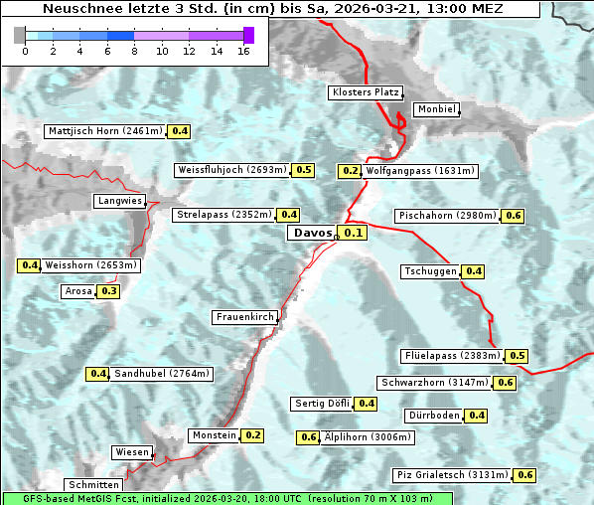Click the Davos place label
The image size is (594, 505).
312,233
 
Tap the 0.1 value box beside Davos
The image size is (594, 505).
354,233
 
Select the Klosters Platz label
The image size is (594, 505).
365,92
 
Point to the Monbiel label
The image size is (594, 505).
436,109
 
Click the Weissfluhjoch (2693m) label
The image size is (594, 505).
232,170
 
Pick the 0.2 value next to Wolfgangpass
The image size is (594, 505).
350,171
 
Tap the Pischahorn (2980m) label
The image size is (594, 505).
447,216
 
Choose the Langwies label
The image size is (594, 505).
120,201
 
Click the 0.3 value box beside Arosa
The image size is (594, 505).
108,291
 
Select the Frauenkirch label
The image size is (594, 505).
245,317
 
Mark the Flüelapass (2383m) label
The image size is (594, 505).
452,356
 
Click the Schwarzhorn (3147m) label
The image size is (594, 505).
435,383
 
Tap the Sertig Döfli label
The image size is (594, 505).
322,404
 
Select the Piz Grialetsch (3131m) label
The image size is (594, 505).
452,475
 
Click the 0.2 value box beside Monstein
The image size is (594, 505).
252,435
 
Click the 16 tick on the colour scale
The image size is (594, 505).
243,51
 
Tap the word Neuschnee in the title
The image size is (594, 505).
77,8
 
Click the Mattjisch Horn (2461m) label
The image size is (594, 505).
105,131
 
